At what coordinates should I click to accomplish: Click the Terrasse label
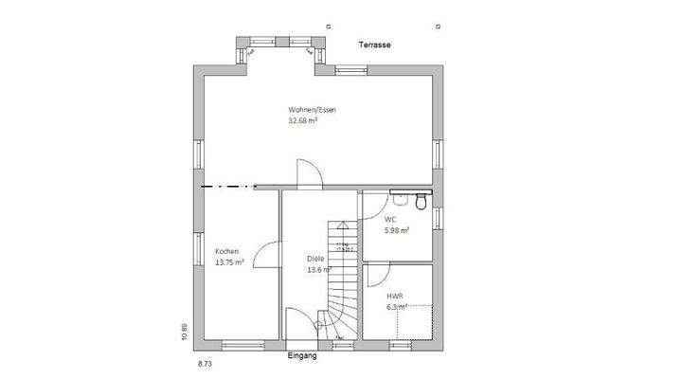(375, 45)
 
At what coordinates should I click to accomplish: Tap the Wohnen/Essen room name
(313, 110)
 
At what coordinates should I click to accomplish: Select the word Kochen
(226, 251)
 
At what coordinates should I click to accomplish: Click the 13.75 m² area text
(230, 262)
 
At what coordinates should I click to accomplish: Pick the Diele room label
(316, 259)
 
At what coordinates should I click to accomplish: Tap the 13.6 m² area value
(317, 270)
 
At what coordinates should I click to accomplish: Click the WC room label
(390, 219)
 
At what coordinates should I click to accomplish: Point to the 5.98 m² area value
(397, 230)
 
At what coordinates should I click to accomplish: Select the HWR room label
(394, 296)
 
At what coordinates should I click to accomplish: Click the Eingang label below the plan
(302, 357)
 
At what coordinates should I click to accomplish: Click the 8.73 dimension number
(205, 363)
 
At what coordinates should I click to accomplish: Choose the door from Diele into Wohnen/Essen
(309, 173)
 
